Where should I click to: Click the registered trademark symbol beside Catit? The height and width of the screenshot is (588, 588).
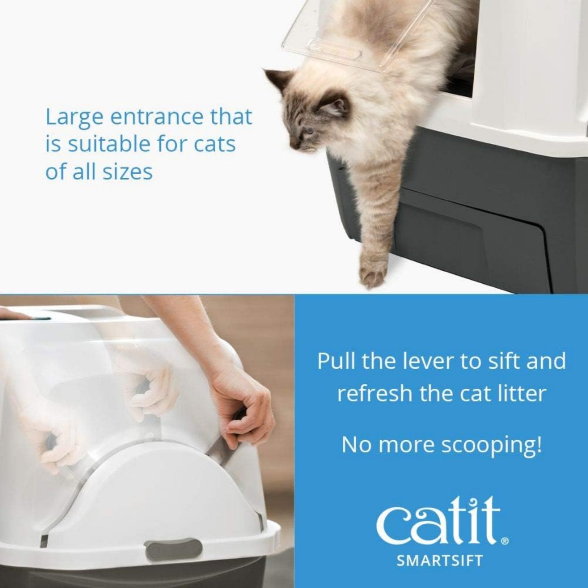505,541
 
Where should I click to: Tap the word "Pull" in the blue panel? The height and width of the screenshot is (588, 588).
334,361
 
